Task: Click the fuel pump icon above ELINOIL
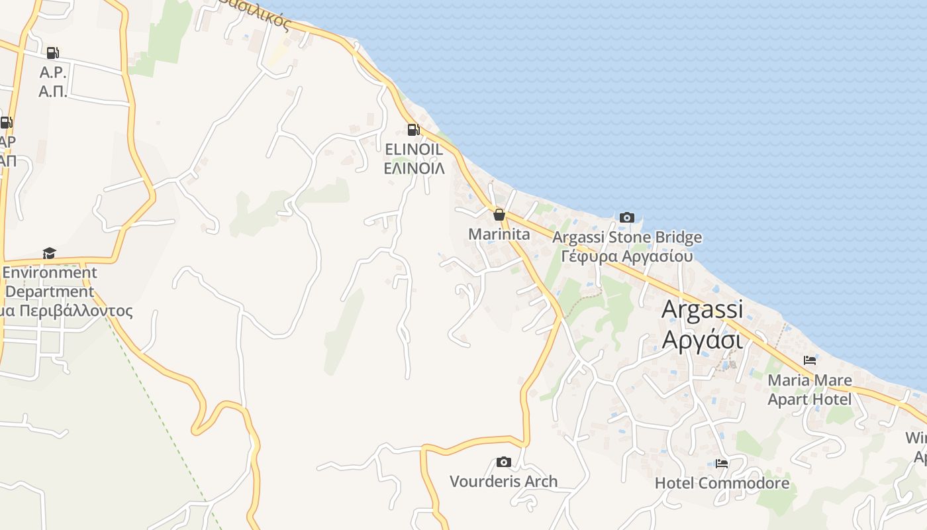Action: (x=413, y=130)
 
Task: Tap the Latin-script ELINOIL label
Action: (x=414, y=150)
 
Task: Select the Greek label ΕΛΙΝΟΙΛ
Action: (x=414, y=168)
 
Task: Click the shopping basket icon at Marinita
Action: (x=499, y=215)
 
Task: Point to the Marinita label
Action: (x=499, y=235)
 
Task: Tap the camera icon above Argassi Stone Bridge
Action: (x=626, y=217)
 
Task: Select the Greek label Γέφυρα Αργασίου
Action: (x=626, y=256)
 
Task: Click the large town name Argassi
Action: (x=702, y=309)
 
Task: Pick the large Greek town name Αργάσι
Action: (x=702, y=339)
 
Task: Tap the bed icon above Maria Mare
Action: (x=809, y=360)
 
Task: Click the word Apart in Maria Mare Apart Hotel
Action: (x=787, y=399)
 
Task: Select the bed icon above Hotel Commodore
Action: (x=722, y=464)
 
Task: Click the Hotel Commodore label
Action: (x=722, y=483)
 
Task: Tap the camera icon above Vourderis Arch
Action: (x=503, y=462)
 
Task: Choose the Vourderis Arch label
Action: (x=503, y=482)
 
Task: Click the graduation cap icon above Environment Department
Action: (x=49, y=253)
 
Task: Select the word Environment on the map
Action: (x=50, y=272)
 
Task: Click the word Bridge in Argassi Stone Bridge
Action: (x=678, y=237)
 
